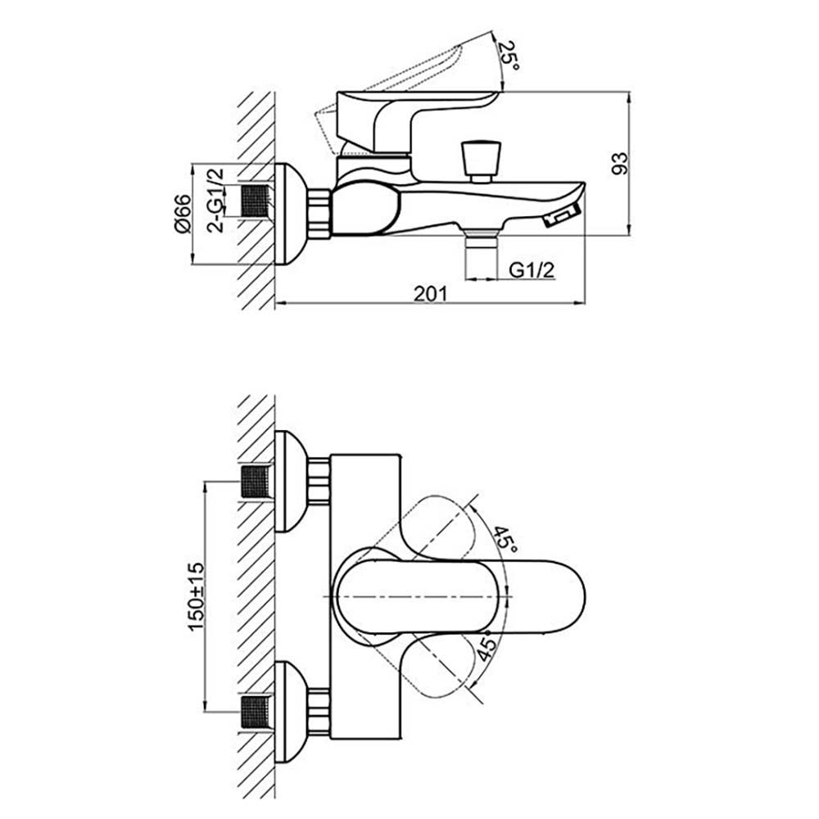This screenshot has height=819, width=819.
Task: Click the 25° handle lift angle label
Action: pyautogui.click(x=510, y=56)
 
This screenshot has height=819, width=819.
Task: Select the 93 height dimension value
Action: pyautogui.click(x=620, y=163)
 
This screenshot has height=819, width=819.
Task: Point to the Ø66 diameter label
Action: pyautogui.click(x=183, y=215)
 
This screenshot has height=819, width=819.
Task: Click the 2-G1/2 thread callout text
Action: pyautogui.click(x=215, y=201)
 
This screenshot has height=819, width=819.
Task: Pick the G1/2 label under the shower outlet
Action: pyautogui.click(x=529, y=269)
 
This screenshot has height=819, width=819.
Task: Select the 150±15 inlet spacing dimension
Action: pyautogui.click(x=197, y=595)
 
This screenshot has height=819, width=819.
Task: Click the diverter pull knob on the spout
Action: pyautogui.click(x=481, y=160)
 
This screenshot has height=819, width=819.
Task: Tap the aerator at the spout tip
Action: pyautogui.click(x=562, y=216)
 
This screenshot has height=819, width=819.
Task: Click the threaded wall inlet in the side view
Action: pyautogui.click(x=256, y=201)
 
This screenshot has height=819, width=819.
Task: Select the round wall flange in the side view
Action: pyautogui.click(x=287, y=214)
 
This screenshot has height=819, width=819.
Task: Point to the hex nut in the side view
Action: pyautogui.click(x=319, y=214)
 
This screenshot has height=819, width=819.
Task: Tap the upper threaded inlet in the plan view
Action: pyautogui.click(x=256, y=481)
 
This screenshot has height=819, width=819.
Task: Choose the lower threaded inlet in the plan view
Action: pyautogui.click(x=256, y=710)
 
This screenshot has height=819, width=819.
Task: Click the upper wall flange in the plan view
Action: pyautogui.click(x=289, y=481)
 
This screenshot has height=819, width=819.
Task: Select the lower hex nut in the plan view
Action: pyautogui.click(x=319, y=710)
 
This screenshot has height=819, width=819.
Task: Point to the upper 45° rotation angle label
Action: pyautogui.click(x=503, y=536)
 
